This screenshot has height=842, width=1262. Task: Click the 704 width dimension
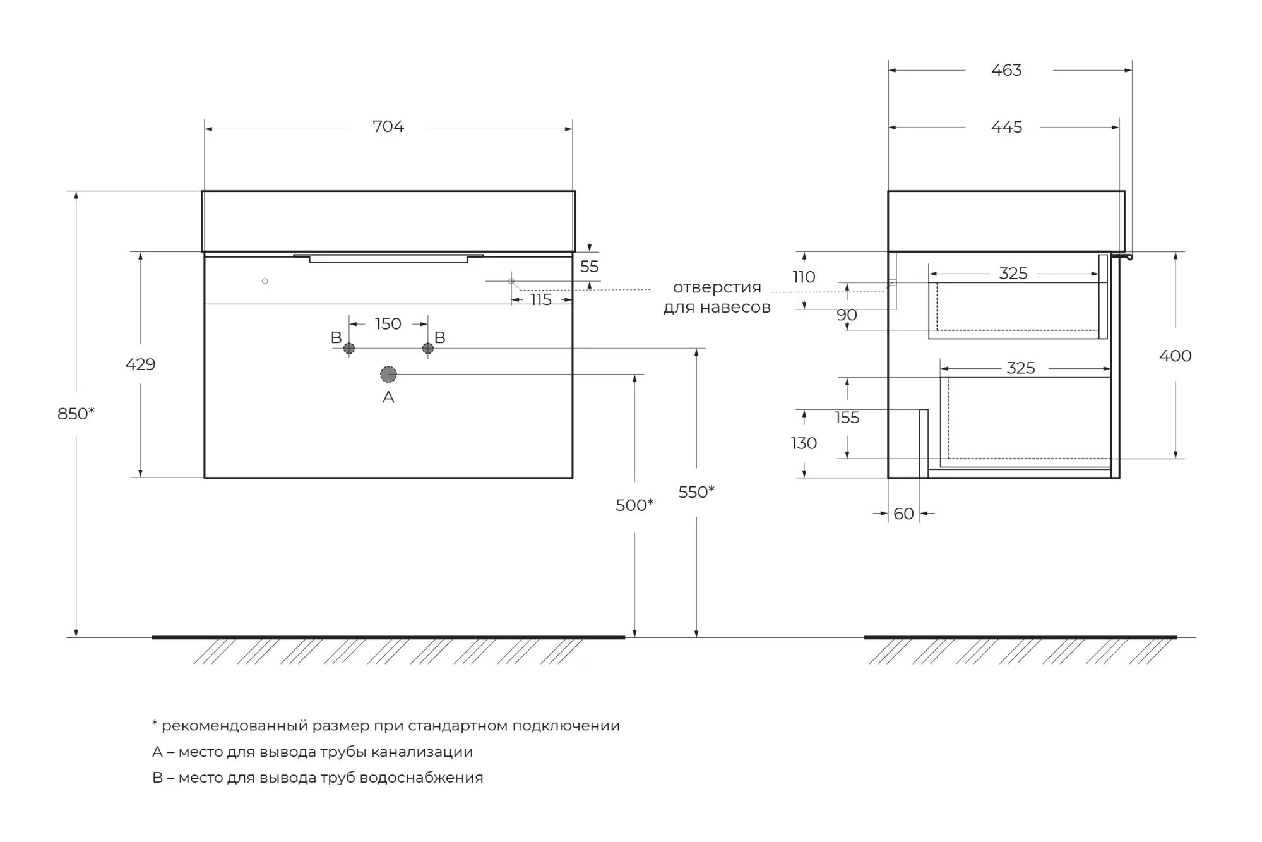coord(388,127)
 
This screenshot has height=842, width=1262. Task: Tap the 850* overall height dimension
coord(76,414)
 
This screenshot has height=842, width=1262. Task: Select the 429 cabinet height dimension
coord(140,364)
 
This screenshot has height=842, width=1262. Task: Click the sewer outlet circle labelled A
coord(388,375)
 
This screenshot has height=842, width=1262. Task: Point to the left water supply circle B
coord(349,348)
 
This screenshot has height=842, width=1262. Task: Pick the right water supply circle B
coord(428,348)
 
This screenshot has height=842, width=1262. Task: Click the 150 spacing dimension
coord(388,324)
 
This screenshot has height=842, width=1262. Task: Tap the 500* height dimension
coord(634,505)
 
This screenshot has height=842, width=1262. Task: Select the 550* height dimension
coord(696,492)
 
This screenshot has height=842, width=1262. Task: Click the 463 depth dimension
coord(1006,70)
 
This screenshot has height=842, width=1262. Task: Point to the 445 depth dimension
coord(1006,127)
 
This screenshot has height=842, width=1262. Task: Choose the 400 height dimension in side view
coord(1175,356)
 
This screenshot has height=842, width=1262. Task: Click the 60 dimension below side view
coord(903,514)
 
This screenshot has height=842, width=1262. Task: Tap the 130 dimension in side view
coord(804,443)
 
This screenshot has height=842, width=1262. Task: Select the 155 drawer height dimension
coord(847,418)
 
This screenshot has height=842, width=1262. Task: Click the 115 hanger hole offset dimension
coord(541,299)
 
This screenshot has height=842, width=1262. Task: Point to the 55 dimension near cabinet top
coord(589,267)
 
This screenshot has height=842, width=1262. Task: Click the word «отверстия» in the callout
coord(717,287)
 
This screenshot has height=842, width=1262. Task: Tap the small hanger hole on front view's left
coord(265,281)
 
